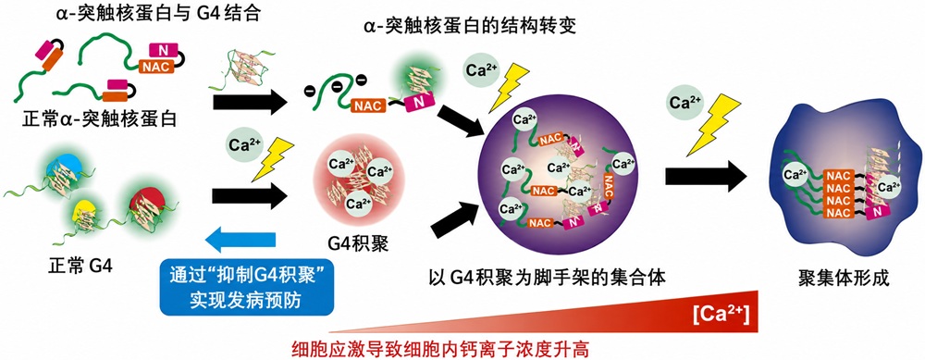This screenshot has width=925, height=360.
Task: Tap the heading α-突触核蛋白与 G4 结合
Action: (159, 11)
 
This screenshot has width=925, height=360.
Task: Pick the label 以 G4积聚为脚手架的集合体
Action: (548, 278)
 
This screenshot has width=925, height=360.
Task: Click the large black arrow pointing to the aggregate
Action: (706, 177)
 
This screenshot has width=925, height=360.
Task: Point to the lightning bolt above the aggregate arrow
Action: (711, 125)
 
